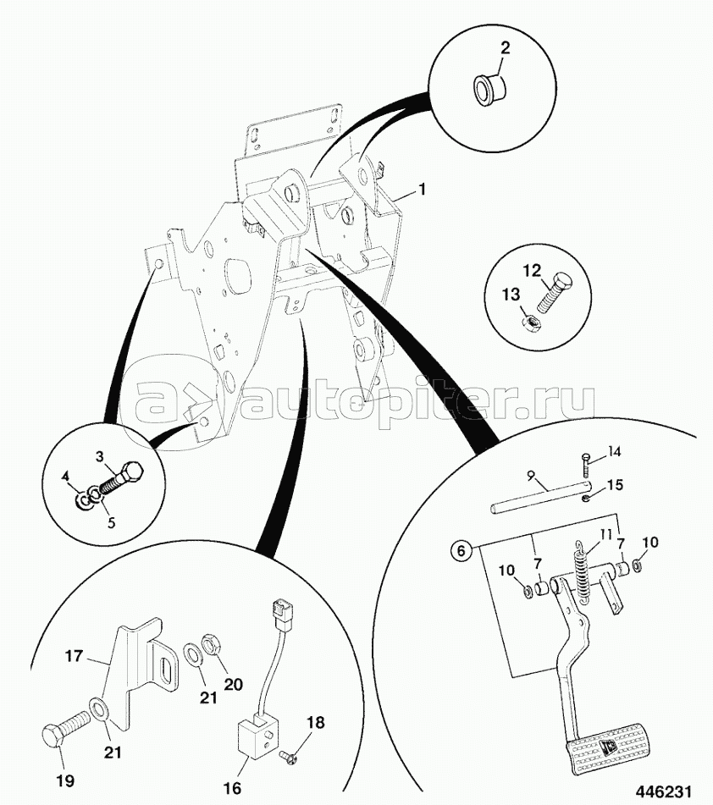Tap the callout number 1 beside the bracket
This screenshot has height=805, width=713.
pyautogui.click(x=423, y=192)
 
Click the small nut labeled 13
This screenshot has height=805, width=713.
pyautogui.click(x=526, y=322)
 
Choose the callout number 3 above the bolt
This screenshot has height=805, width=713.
pyautogui.click(x=99, y=457)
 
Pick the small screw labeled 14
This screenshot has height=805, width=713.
pyautogui.click(x=584, y=462)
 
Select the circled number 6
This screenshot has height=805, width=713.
pyautogui.click(x=460, y=551)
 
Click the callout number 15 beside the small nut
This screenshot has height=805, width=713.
pyautogui.click(x=614, y=485)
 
